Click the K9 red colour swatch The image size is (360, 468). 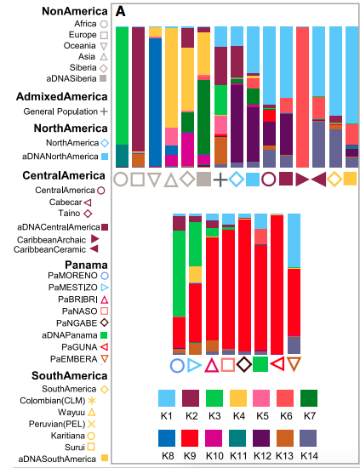190,438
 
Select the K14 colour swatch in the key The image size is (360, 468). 308,438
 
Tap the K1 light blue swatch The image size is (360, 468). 167,398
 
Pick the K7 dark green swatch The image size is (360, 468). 309,398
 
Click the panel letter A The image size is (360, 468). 121,11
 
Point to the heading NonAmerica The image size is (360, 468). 75,11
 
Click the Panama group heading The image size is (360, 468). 86,265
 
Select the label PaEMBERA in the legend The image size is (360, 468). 74,359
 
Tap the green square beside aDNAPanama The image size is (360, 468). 104,335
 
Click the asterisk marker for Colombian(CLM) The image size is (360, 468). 91,401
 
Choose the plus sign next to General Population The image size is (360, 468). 104,111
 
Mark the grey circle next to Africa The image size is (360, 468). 104,24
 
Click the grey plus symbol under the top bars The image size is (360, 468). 220,180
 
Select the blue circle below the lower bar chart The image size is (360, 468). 177,366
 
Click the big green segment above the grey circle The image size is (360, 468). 122,86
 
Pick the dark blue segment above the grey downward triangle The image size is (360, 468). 155,102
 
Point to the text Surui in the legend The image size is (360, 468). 75,447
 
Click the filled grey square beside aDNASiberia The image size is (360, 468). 103,78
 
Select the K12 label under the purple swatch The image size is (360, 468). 262,456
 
